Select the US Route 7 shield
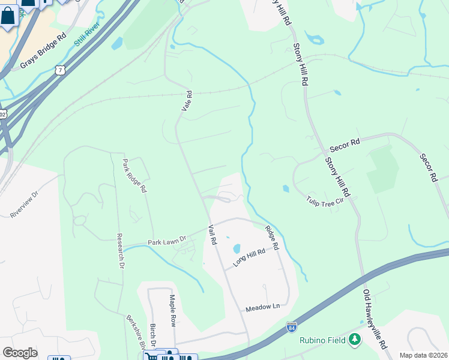[59, 70]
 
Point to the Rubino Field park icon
[355, 340]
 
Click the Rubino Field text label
[323, 341]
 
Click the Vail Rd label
[212, 234]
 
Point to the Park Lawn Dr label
[167, 241]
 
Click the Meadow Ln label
[263, 307]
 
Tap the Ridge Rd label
[272, 238]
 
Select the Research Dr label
[120, 250]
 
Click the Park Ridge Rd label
[134, 175]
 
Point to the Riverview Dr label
[24, 205]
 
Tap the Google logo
[20, 353]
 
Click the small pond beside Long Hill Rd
[236, 248]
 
